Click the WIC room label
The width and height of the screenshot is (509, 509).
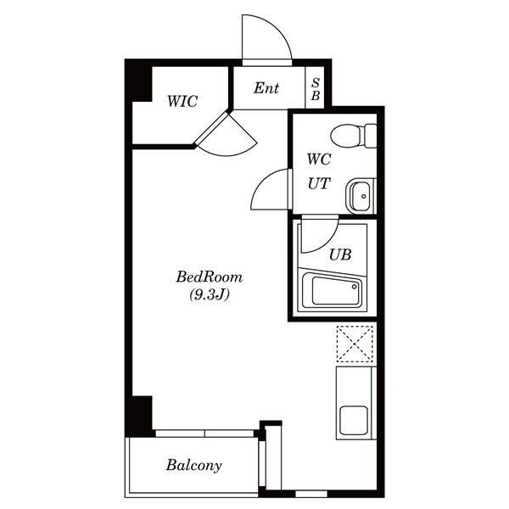coord(182,101)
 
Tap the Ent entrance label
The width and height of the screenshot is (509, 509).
coord(266,88)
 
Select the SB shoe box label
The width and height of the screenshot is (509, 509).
coord(316,89)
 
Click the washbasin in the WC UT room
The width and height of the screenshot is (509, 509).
coord(358,196)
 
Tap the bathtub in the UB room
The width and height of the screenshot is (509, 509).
coord(332,290)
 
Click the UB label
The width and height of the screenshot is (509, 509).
coord(340,255)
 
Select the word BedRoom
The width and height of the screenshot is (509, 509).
coord(209,277)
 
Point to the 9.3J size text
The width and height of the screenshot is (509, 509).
coord(210,294)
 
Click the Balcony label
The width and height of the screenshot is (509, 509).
coord(193,465)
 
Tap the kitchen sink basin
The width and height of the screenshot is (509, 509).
coord(354,420)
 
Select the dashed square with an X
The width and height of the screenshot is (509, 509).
coord(355,344)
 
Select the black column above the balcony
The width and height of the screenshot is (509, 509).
coord(139,417)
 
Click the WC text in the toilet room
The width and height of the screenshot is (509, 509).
coord(319,159)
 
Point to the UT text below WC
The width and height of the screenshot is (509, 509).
coord(319,183)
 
